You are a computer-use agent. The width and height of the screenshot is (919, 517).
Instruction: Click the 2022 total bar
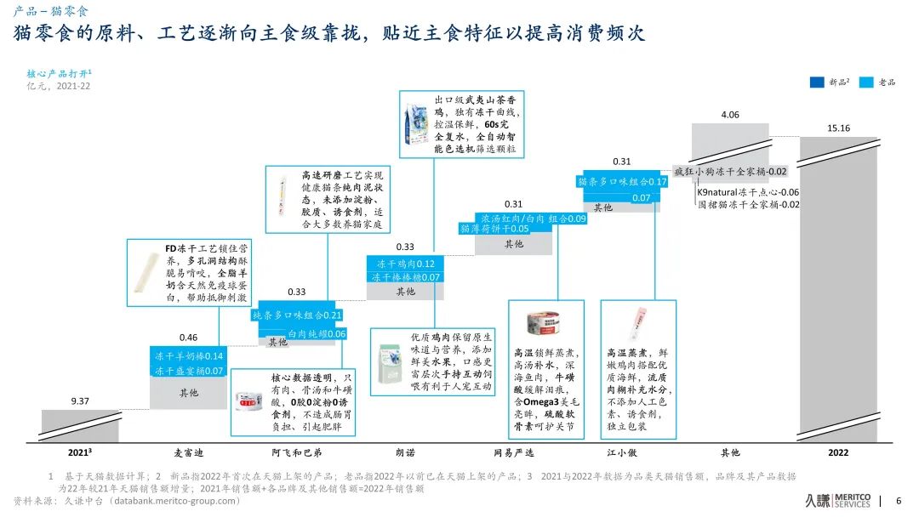[x=837, y=289]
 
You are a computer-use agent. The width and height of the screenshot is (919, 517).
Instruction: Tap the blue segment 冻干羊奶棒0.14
[x=188, y=356]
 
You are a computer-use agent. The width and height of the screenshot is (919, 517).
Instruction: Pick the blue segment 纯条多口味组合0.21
[x=297, y=315]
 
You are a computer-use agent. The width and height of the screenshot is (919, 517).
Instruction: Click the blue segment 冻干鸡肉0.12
[x=405, y=264]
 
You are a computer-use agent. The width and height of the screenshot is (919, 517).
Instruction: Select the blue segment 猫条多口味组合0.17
[x=622, y=182]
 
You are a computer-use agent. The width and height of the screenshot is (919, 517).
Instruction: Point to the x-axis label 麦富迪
[x=188, y=452]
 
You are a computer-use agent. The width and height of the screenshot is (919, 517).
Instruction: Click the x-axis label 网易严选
[x=513, y=452]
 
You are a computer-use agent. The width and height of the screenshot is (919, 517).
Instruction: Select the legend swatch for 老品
[x=867, y=82]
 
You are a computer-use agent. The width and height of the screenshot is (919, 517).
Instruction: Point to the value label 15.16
[x=838, y=128]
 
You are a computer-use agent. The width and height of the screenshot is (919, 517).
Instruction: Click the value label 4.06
[x=729, y=115]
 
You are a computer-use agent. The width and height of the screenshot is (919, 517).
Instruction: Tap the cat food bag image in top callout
[x=417, y=126]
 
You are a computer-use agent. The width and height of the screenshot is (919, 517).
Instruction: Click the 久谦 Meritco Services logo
[x=837, y=501]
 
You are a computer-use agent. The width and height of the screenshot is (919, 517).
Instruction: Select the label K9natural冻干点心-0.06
[x=748, y=192]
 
